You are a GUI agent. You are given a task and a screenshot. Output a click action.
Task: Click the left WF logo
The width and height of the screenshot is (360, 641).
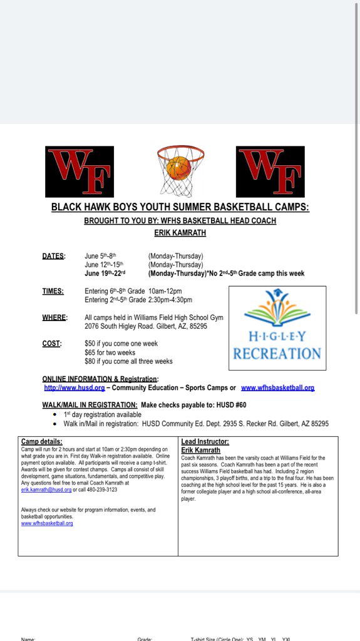tap(80, 172)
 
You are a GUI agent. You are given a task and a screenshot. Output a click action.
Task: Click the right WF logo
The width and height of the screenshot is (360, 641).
tap(270, 172)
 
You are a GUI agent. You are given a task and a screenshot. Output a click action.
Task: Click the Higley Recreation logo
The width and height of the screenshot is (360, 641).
tap(277, 329)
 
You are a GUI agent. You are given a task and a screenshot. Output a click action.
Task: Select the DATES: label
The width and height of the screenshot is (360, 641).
tap(53, 256)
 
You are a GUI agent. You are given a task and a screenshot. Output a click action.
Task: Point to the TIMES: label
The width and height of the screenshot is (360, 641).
tap(53, 291)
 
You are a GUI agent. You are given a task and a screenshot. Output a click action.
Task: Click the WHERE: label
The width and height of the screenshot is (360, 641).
tap(54, 317)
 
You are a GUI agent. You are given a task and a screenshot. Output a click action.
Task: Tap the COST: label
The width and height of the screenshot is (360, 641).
tap(52, 344)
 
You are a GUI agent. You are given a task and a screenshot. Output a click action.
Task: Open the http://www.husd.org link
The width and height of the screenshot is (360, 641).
tap(69, 388)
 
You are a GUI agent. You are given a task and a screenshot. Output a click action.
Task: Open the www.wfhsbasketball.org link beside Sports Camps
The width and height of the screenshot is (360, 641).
tap(277, 388)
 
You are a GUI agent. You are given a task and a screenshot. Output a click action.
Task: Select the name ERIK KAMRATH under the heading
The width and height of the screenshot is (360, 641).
tap(180, 232)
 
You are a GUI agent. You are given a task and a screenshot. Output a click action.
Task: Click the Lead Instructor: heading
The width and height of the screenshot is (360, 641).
tap(205, 442)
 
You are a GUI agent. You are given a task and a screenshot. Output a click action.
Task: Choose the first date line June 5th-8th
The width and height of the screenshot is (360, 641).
tap(101, 256)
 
